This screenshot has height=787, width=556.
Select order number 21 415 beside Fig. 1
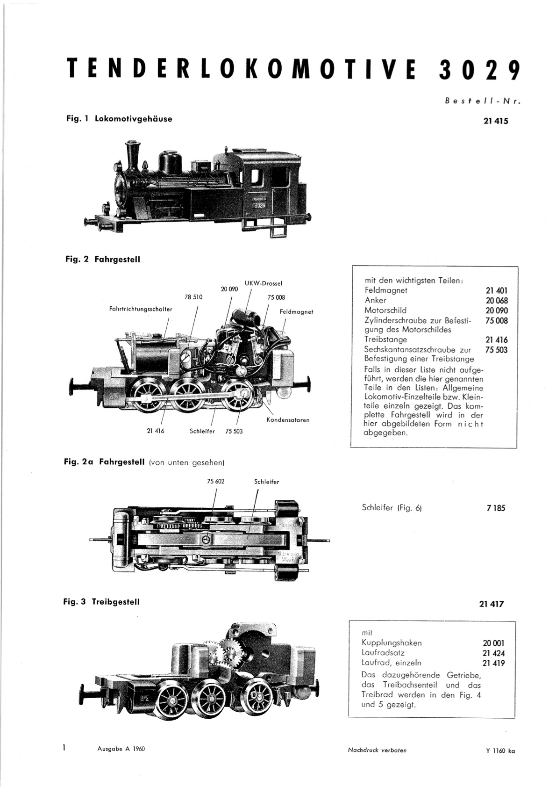(496, 121)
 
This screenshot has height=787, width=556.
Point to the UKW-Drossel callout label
(263, 283)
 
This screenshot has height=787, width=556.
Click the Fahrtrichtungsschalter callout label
(141, 309)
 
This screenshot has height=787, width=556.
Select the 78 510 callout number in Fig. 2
(193, 297)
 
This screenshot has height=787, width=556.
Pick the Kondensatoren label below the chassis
(288, 420)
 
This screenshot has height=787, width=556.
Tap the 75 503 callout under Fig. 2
(234, 431)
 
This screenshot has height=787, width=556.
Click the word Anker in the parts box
(375, 300)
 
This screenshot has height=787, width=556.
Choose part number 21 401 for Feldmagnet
(497, 290)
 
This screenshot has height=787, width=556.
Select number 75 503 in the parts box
(497, 350)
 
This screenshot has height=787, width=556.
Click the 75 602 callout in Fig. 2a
(215, 481)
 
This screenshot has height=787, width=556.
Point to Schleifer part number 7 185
(496, 508)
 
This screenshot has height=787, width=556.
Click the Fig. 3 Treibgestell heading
(101, 601)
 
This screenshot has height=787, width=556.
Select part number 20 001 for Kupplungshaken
(493, 643)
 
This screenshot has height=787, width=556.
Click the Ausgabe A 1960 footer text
(121, 749)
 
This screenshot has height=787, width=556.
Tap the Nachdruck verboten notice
(378, 750)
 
